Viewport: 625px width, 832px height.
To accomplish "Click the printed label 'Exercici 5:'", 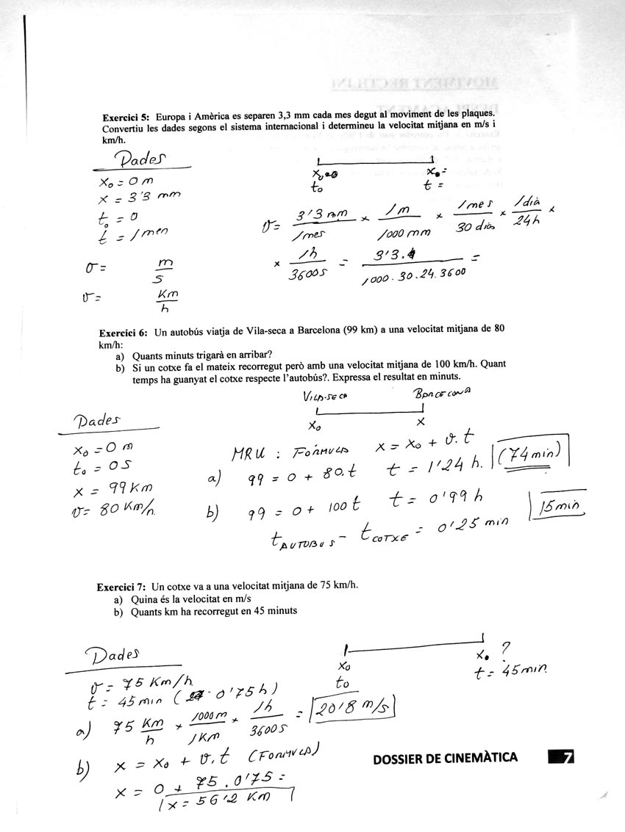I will pos(126,116).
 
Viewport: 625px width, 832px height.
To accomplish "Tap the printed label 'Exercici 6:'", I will pos(124,333).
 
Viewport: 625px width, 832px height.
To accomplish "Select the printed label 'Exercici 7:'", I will pos(121,587).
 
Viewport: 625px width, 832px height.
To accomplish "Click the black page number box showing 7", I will pos(561,756).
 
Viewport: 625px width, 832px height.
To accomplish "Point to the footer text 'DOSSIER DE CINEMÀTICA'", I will pos(446,757).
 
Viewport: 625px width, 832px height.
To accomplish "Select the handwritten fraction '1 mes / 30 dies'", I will pos(474,214).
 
